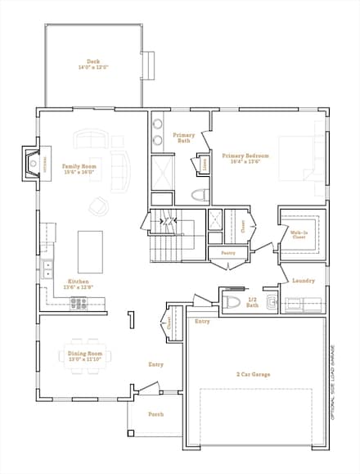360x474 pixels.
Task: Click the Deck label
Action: pyautogui.click(x=92, y=63)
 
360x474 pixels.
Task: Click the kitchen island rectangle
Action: pyautogui.click(x=89, y=252)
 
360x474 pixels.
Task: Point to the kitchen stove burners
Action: pyautogui.click(x=79, y=302)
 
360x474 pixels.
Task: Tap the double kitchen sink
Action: pyautogui.click(x=48, y=267)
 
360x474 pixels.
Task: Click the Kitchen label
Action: pyautogui.click(x=79, y=285)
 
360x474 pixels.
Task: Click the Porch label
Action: pyautogui.click(x=155, y=414)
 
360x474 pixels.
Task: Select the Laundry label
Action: pyautogui.click(x=304, y=282)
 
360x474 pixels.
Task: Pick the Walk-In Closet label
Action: pyautogui.click(x=299, y=234)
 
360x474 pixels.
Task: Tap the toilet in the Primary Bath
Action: pyautogui.click(x=197, y=196)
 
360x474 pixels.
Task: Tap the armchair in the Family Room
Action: pyautogui.click(x=99, y=205)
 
